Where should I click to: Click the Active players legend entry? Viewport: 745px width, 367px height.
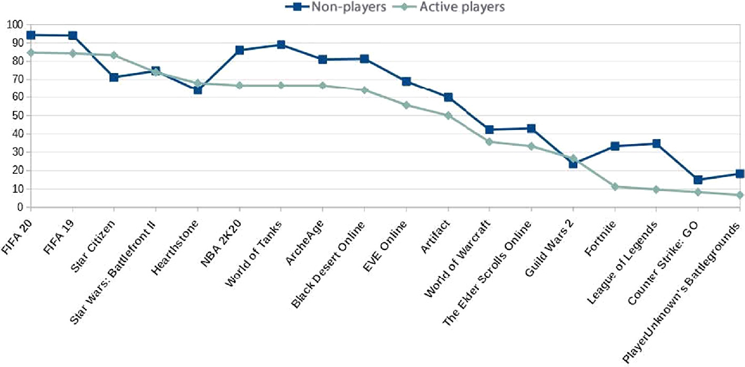point(451,7)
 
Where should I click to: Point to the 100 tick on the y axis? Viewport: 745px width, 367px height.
point(14,25)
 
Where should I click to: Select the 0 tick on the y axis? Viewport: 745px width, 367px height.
point(19,207)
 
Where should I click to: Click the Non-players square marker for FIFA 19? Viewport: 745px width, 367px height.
point(73,36)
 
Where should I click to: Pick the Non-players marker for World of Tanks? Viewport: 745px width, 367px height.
point(281,45)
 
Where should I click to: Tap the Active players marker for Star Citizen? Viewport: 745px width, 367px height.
point(114,55)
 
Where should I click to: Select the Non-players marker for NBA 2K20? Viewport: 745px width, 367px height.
point(239,50)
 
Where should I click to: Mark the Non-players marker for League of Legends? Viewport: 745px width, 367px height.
point(656,144)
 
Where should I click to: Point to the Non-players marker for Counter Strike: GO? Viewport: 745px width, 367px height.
point(698,180)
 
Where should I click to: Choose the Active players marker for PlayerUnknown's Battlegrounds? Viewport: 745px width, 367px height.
point(740,195)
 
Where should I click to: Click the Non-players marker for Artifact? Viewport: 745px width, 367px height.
point(448,97)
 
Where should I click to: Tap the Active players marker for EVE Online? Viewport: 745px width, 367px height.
point(406,105)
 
